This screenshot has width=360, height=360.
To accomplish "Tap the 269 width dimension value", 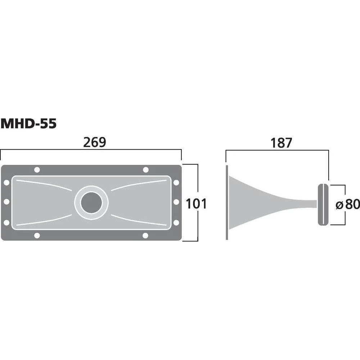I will point(95,143).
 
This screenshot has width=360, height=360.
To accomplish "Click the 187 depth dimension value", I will point(281,143).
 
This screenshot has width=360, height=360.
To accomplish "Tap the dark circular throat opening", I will point(91,203).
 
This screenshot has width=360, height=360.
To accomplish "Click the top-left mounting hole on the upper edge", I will point(37,170).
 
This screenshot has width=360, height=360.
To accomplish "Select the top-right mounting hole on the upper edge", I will point(145,170).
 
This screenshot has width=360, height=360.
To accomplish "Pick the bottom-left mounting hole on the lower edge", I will point(37,235).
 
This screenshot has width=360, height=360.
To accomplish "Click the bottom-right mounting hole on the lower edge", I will point(145,235).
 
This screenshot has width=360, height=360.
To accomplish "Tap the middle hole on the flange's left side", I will point(6,202).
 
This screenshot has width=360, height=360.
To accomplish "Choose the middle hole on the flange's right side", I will point(176,202).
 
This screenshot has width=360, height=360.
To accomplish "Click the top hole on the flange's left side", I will point(6,183).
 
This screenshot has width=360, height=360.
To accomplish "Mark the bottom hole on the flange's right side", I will point(176,223).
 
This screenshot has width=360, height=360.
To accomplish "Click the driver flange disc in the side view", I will point(323,204).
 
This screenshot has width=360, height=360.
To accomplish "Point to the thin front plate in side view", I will point(227,202).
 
